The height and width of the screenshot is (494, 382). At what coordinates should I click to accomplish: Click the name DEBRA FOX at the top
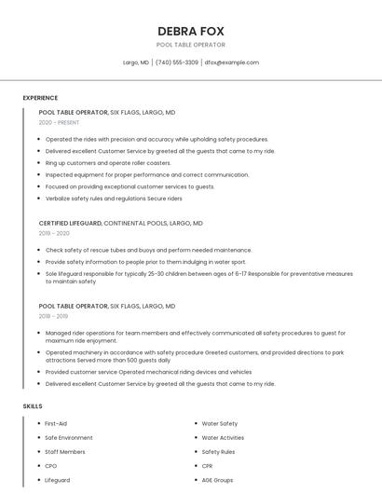(x=190, y=31)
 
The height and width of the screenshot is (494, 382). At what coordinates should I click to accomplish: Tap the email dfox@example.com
(x=232, y=62)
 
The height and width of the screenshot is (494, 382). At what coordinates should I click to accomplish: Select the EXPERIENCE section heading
(x=40, y=98)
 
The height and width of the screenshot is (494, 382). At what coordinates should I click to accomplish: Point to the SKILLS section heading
(x=33, y=406)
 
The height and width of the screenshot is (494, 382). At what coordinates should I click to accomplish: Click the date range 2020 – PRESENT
(x=59, y=122)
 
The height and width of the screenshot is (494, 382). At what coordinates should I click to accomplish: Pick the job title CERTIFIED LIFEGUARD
(x=70, y=224)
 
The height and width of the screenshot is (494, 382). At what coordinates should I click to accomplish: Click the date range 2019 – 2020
(x=54, y=234)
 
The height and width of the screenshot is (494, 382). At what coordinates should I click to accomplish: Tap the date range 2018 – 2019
(x=54, y=316)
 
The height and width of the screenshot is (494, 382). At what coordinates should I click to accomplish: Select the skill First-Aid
(x=56, y=424)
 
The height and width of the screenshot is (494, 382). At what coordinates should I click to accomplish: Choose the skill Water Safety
(x=220, y=424)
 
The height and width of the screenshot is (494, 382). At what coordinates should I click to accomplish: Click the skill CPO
(x=51, y=466)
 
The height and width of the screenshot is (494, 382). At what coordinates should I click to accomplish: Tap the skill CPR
(x=208, y=466)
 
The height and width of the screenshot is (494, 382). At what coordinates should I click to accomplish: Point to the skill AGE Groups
(x=217, y=480)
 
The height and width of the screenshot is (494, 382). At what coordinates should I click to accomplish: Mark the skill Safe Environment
(x=69, y=438)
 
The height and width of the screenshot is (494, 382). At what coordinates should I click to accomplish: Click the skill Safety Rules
(x=218, y=452)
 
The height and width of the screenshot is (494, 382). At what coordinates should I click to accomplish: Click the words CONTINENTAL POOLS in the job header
(x=136, y=224)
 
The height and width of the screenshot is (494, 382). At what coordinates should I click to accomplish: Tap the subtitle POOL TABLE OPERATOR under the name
(x=190, y=45)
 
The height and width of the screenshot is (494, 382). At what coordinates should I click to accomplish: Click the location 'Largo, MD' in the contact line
(x=136, y=62)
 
